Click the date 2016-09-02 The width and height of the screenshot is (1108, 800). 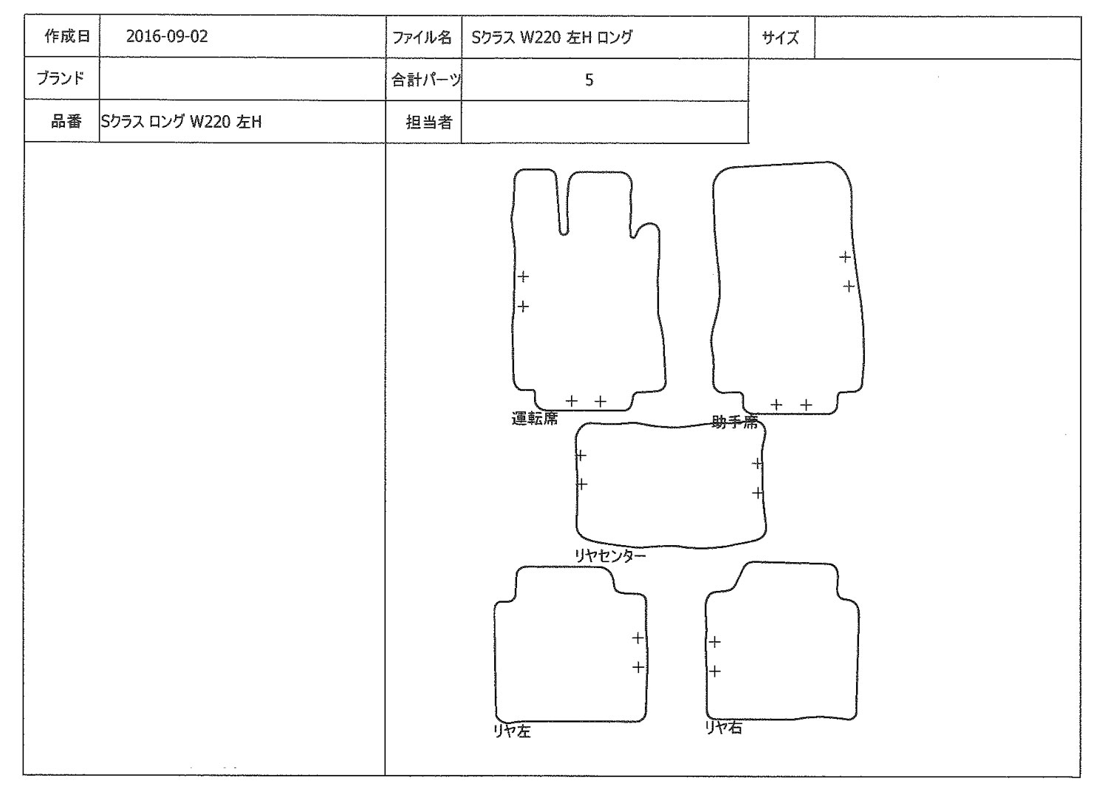(167, 37)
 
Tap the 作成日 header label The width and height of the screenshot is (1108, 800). (67, 36)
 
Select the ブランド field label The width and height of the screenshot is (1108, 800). (61, 78)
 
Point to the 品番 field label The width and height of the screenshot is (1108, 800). (66, 121)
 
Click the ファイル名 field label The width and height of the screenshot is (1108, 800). (422, 38)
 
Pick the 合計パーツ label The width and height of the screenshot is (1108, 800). (426, 81)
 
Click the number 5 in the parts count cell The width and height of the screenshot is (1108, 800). (589, 81)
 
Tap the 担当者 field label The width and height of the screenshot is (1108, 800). (429, 122)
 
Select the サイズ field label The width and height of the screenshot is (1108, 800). (781, 38)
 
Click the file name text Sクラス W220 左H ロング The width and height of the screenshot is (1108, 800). (552, 38)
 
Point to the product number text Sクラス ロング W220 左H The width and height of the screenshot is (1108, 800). (181, 122)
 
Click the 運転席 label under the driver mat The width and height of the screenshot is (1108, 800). (534, 419)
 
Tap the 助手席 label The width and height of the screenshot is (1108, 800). (734, 422)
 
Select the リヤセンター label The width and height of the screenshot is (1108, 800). (610, 556)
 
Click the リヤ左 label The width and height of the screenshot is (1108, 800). (512, 731)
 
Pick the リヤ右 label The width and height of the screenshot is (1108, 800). (724, 728)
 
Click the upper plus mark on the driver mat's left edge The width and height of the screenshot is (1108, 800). (523, 276)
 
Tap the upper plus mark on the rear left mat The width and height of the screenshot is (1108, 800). (637, 637)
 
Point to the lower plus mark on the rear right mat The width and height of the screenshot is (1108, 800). (715, 671)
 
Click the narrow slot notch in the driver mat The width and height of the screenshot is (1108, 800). (563, 205)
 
